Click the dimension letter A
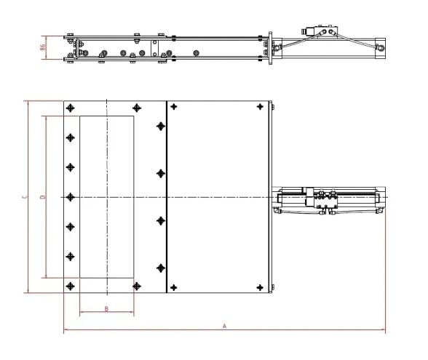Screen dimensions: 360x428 coord(224,327)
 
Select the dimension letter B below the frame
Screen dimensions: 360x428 coord(106,309)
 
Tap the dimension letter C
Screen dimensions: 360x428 coord(24,196)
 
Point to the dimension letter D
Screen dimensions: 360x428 coord(41,196)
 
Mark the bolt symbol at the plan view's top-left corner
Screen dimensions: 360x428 coord(70,108)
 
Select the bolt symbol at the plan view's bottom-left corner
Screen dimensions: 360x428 coord(70,286)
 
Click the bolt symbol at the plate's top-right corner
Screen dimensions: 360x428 coord(260,108)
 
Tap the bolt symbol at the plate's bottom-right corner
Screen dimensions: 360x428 coord(260,287)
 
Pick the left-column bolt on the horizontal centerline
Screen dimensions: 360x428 coord(70,196)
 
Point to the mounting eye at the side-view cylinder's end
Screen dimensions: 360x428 coord(379,45)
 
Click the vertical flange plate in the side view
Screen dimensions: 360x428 coord(270,45)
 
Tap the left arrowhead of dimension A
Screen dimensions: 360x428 coord(66,331)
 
